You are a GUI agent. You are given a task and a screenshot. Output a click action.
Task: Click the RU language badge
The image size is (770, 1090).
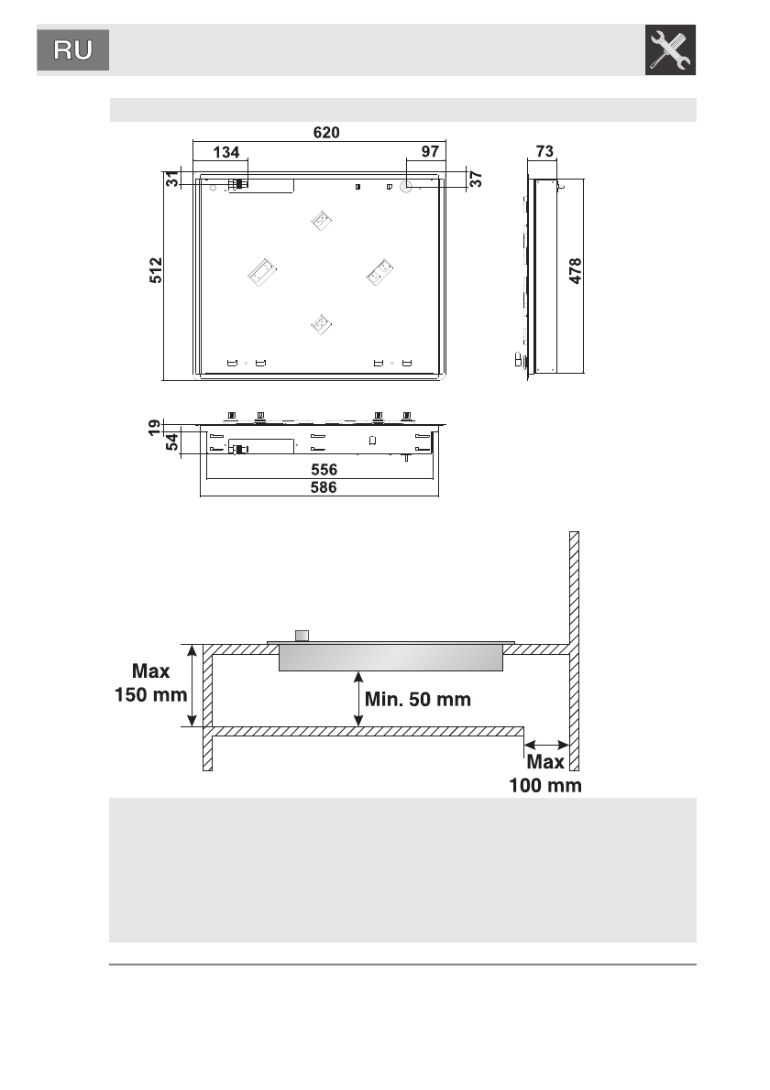73,50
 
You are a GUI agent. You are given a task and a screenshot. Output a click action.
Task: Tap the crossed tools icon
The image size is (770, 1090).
670,50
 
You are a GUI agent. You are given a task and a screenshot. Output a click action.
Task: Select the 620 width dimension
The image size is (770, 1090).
326,132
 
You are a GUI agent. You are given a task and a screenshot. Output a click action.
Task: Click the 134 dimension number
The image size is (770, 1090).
226,152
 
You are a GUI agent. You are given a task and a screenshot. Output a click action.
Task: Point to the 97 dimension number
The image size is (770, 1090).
430,151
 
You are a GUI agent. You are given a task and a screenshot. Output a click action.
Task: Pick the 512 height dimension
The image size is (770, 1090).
156,270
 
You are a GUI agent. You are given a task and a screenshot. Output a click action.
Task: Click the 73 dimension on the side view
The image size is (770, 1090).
544,151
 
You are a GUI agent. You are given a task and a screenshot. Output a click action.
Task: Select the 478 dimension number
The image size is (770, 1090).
576,271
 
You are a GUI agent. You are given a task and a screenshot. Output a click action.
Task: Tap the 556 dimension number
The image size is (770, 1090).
324,469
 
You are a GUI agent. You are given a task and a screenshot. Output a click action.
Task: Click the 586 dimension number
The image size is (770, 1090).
324,487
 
